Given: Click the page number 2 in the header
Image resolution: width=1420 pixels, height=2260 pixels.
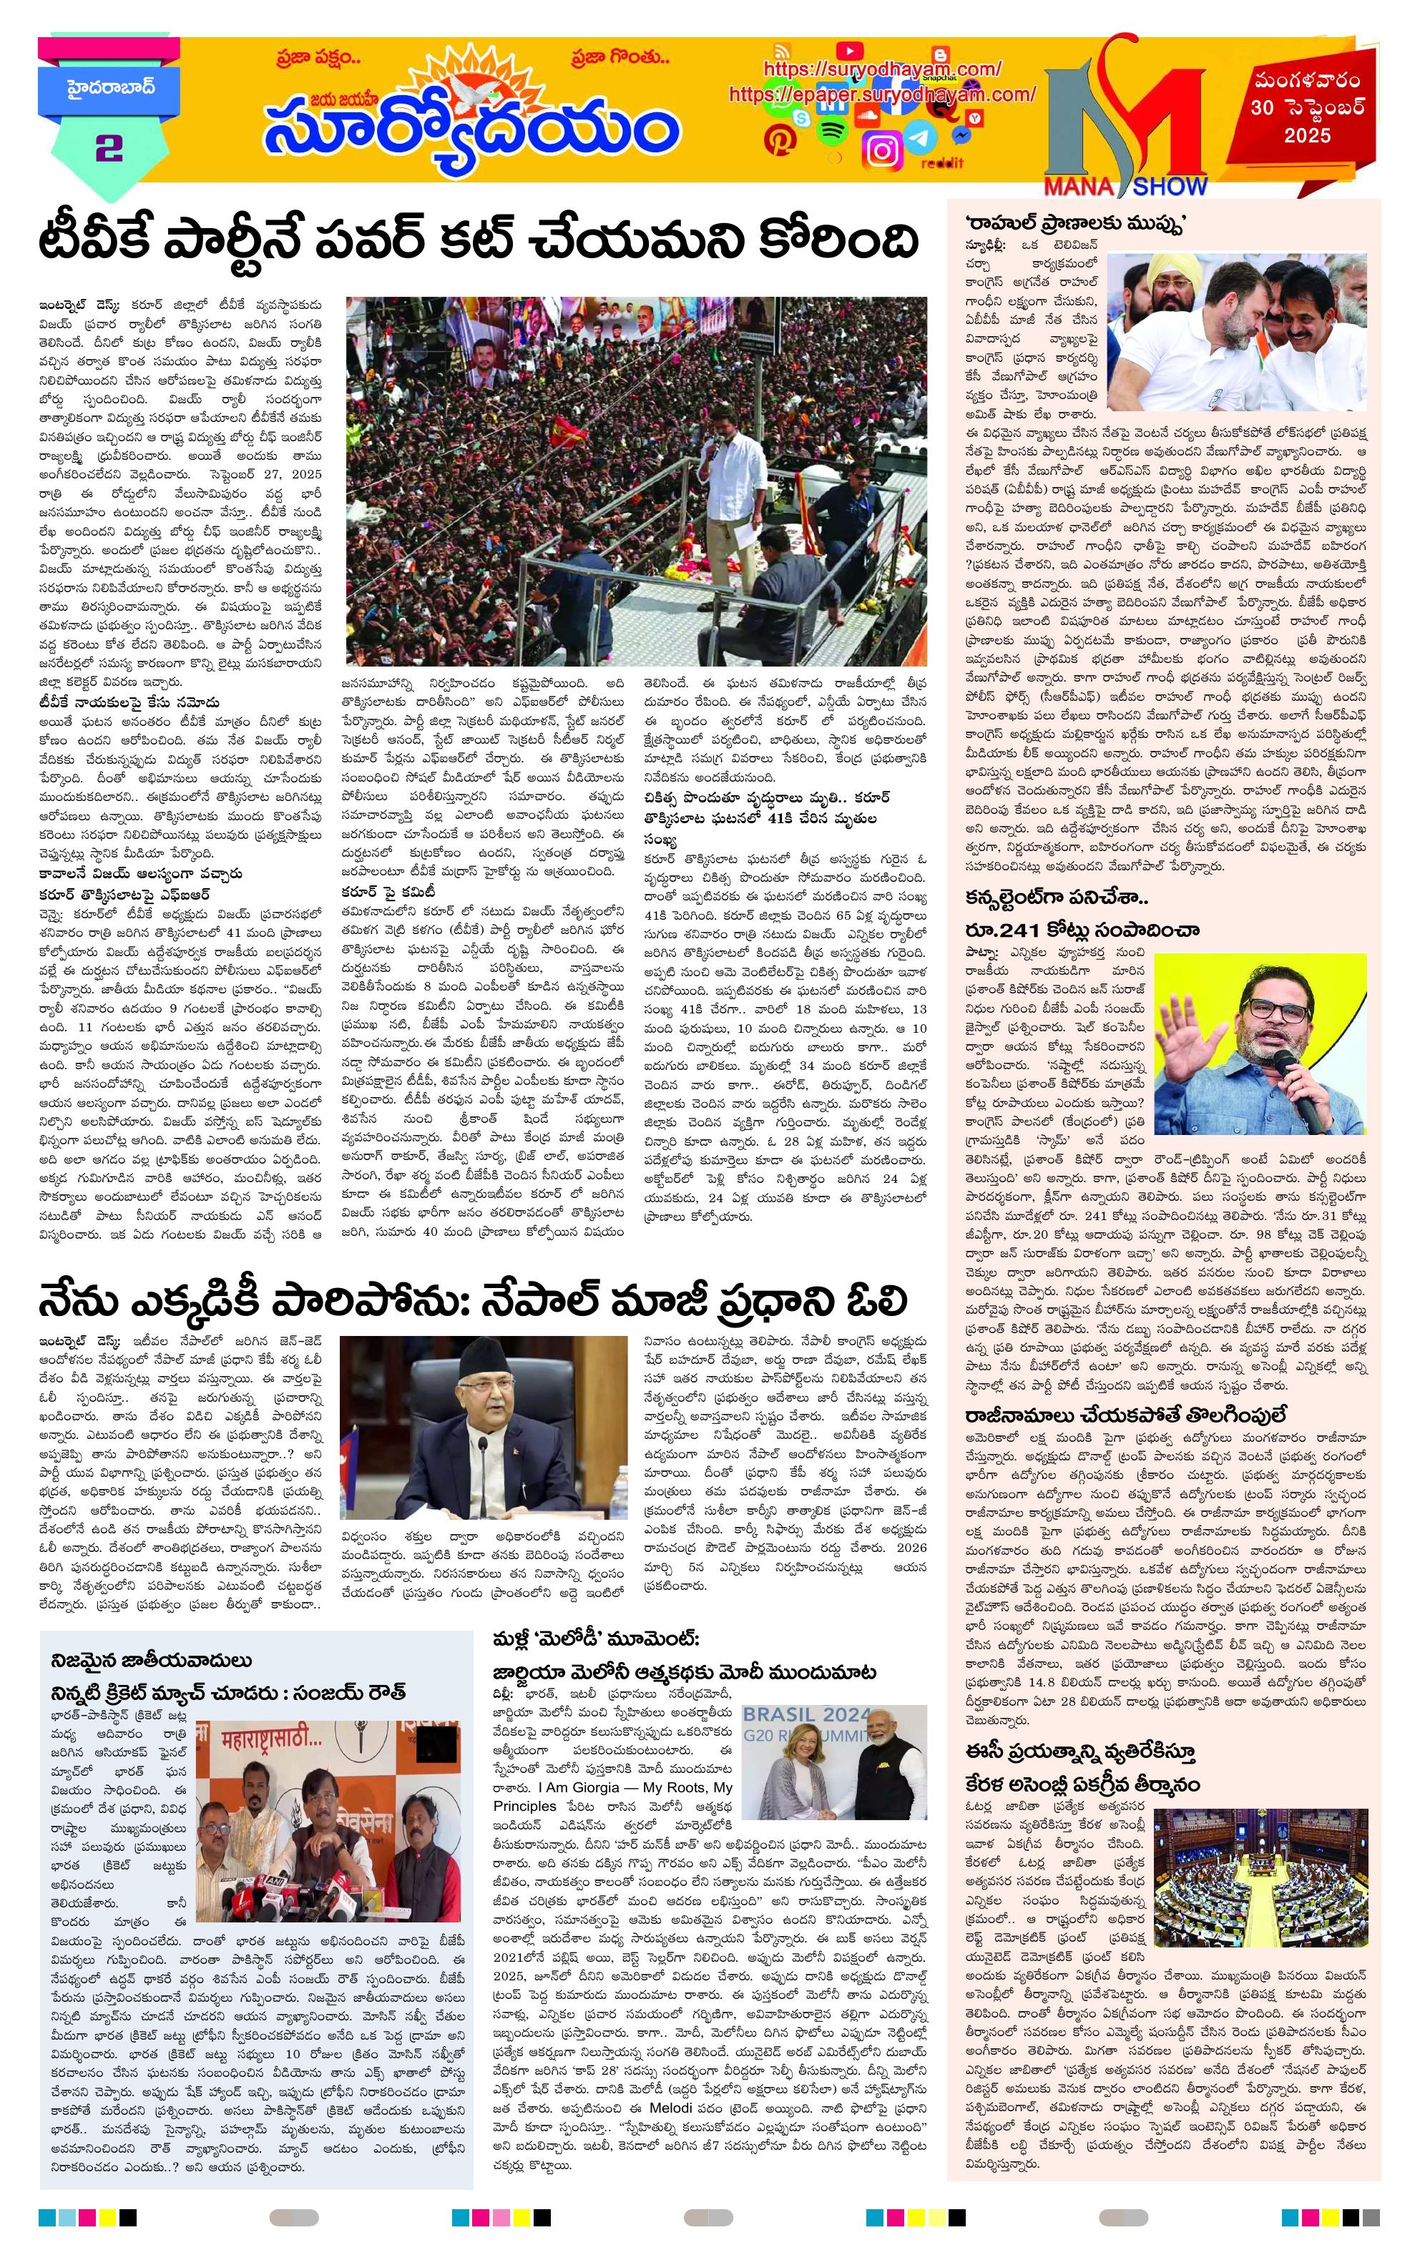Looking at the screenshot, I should click(x=108, y=148).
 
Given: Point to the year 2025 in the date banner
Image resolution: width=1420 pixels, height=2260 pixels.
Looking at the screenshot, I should click(x=1308, y=135).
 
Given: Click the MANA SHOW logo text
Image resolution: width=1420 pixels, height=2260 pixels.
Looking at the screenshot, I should click(x=1126, y=186).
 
